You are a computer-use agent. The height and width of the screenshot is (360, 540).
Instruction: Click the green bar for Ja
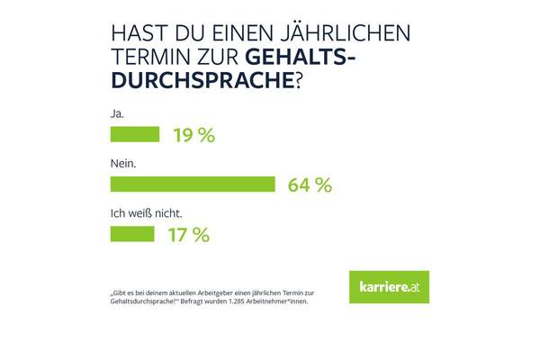click(x=134, y=135)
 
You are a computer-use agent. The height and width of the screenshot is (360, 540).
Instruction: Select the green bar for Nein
click(x=192, y=184)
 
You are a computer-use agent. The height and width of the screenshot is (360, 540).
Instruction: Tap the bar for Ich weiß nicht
click(x=131, y=234)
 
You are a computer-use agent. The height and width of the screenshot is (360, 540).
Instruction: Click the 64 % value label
click(x=310, y=185)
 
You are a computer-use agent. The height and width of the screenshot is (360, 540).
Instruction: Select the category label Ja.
click(x=116, y=114)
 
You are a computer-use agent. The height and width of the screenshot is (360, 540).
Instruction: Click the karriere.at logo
click(x=388, y=286)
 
